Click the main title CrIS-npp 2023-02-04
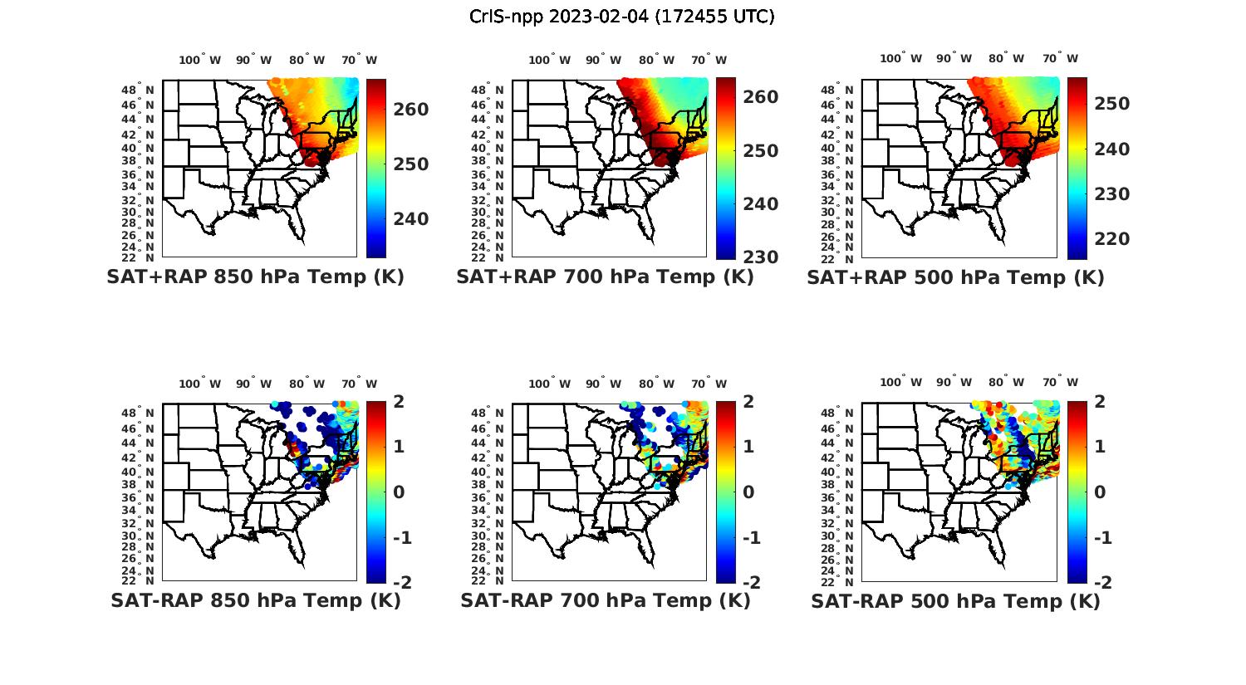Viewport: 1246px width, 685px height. click(622, 17)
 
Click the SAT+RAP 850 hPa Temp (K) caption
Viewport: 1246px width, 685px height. click(255, 277)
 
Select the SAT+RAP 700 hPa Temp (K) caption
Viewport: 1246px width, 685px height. click(605, 277)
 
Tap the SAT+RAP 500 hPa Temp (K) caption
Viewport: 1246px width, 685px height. click(955, 277)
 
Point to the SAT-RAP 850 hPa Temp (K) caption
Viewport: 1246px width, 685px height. click(255, 600)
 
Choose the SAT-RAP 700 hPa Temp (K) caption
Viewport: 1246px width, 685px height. click(605, 600)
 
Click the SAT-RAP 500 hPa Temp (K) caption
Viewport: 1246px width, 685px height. click(955, 600)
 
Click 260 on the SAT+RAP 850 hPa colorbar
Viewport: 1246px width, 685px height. click(411, 110)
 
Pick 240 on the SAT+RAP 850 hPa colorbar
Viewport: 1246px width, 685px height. click(411, 219)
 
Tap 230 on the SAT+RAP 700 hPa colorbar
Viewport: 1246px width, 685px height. click(760, 257)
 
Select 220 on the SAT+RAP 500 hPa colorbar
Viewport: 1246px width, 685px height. click(1111, 239)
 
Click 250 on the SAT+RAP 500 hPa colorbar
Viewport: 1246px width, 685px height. click(1111, 104)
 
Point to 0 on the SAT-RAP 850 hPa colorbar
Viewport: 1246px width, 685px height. click(398, 492)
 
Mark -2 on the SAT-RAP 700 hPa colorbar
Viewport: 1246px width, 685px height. click(750, 582)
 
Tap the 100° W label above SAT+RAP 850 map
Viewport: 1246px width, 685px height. click(200, 60)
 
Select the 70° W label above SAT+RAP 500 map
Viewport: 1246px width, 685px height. click(1060, 58)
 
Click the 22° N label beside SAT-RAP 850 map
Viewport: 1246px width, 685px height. click(140, 580)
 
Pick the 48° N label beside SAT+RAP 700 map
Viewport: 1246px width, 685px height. click(488, 90)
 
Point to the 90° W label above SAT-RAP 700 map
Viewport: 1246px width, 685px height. click(603, 384)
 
